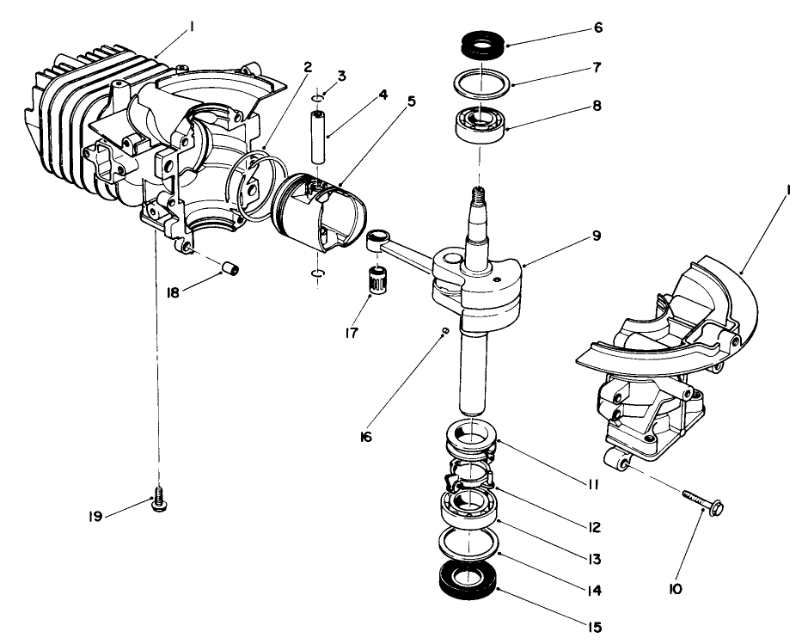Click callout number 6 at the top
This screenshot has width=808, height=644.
coord(597,28)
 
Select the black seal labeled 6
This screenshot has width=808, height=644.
coord(482,44)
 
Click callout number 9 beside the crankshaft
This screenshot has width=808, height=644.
coord(596,235)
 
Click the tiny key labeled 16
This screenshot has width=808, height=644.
coord(444,329)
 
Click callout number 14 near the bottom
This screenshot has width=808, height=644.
coord(595,591)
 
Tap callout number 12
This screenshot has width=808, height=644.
coord(596,526)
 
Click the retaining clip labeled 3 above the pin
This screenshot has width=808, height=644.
coord(318,97)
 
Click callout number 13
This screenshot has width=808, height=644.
coord(595,559)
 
